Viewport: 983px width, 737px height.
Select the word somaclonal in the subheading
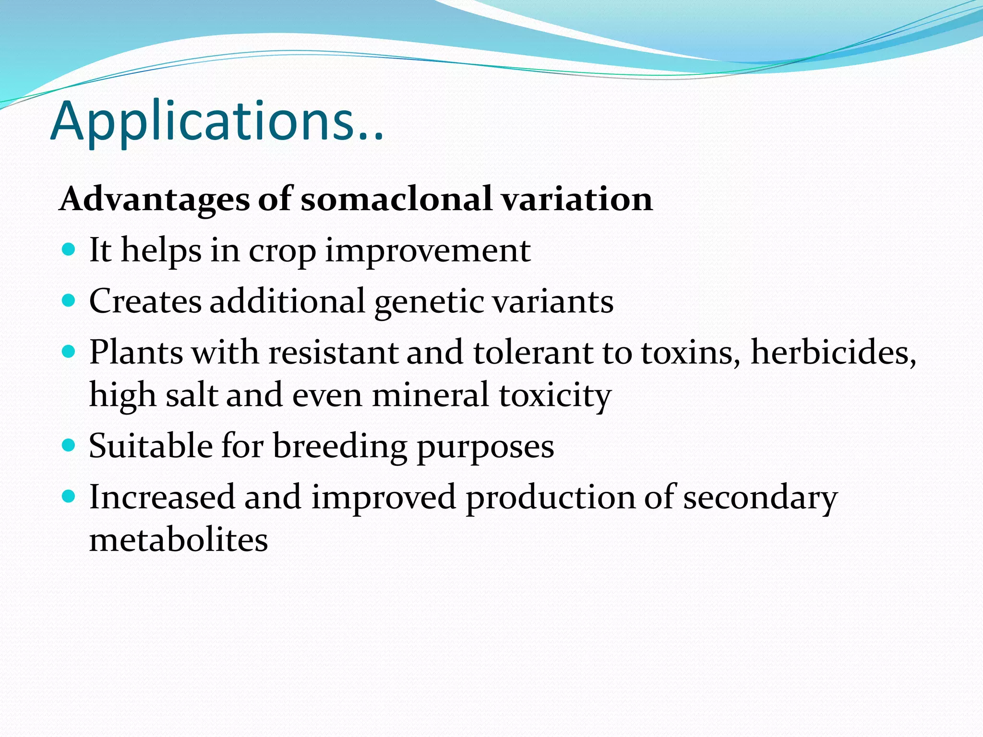click(396, 199)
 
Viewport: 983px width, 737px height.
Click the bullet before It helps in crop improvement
click(69, 250)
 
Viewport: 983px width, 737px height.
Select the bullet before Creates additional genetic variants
click(69, 301)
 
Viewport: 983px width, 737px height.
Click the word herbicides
click(833, 353)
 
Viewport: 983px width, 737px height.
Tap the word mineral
click(431, 395)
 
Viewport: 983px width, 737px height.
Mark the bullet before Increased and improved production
click(69, 497)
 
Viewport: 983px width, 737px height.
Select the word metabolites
click(179, 540)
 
